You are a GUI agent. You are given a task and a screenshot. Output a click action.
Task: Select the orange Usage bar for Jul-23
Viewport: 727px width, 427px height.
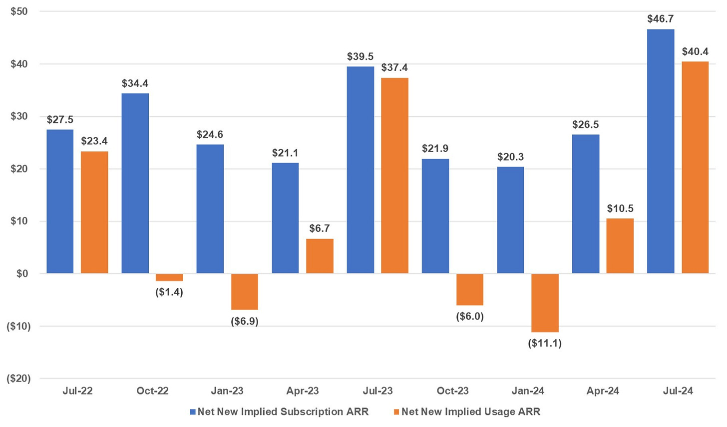tap(394, 175)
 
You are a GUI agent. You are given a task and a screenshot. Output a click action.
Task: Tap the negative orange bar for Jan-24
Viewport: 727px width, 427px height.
tap(545, 302)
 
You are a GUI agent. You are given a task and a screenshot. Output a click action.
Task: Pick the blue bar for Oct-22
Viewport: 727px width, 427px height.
tap(135, 183)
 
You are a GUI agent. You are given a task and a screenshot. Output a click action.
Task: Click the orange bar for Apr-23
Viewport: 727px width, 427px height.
tap(320, 256)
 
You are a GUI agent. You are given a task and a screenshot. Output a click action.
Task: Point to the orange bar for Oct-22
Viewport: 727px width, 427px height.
tap(169, 277)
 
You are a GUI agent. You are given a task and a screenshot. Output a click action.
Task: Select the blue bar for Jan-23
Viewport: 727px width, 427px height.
tap(210, 208)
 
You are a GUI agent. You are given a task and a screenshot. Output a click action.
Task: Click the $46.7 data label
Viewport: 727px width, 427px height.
tap(660, 19)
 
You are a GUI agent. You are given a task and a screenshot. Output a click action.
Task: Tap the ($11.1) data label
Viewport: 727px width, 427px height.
tap(545, 343)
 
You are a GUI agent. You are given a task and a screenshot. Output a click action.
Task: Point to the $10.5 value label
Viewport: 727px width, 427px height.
tap(620, 208)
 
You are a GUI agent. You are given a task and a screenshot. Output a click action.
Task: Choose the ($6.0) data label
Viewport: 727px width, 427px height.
tap(470, 316)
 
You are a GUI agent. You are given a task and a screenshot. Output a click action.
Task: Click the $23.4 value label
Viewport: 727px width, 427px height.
tap(94, 141)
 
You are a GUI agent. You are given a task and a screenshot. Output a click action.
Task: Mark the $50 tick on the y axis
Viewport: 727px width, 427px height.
tap(18, 11)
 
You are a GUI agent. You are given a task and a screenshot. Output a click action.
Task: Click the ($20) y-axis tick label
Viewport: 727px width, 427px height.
tap(18, 378)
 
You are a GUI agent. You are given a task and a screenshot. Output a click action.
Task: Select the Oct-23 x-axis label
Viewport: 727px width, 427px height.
tap(452, 391)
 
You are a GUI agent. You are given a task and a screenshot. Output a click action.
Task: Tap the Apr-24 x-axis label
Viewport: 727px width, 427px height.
tap(603, 391)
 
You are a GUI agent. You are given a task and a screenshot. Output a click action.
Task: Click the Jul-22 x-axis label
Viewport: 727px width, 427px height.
tap(77, 391)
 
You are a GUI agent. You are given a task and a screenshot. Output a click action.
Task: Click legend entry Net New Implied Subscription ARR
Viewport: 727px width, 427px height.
tap(283, 412)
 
